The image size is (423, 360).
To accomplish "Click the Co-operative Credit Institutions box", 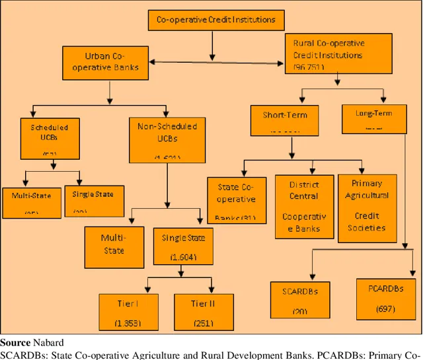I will (x=216, y=20).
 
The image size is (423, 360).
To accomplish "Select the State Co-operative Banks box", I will (x=237, y=198).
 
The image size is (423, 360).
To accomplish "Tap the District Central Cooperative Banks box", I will (x=304, y=206).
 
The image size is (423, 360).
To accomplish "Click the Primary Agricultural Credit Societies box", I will (x=367, y=206).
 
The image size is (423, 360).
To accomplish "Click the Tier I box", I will (x=130, y=311).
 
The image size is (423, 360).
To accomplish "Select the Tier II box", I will (x=204, y=311).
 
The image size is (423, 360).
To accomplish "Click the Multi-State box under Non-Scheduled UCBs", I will (x=114, y=246).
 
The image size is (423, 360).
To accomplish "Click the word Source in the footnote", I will (x=15, y=342).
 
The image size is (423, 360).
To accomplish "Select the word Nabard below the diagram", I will (x=48, y=342).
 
